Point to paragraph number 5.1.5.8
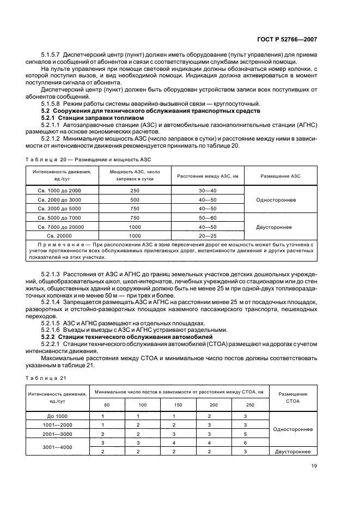52,104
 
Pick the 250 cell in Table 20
135,190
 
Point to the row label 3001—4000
57,447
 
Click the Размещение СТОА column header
292,397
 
